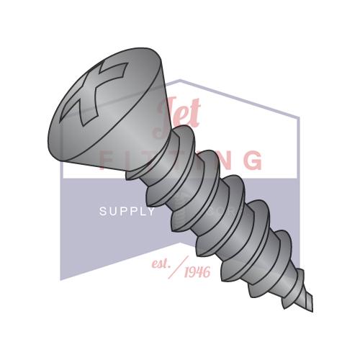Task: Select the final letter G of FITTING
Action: click(x=252, y=159)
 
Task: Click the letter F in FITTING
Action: click(x=105, y=159)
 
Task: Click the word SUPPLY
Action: click(x=127, y=212)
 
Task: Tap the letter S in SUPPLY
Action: click(x=102, y=212)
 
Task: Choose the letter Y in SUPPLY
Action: click(x=151, y=212)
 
